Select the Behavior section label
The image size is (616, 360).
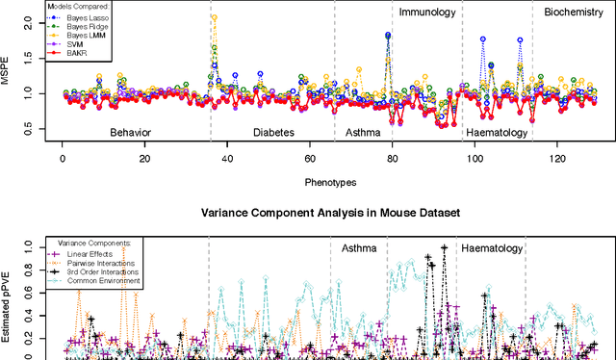click(131, 132)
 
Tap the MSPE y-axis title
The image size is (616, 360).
click(9, 73)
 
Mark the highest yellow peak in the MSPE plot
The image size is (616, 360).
click(214, 17)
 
